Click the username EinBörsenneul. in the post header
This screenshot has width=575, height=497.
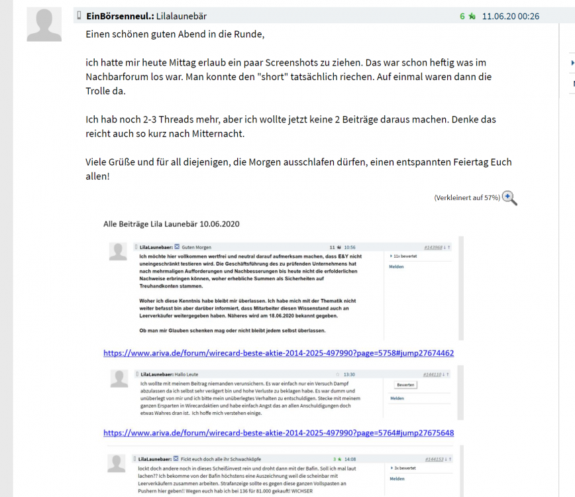pos(120,16)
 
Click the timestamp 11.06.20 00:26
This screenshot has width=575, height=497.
pos(510,16)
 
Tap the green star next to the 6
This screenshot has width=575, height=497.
pos(472,16)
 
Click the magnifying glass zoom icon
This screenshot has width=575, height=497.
pos(509,197)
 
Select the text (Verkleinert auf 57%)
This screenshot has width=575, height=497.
pos(466,198)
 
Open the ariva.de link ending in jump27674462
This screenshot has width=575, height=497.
pos(278,353)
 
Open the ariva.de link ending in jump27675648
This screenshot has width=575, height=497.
pos(278,433)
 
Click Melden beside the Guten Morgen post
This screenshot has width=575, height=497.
pos(396,266)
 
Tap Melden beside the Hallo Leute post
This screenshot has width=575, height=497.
pos(397,398)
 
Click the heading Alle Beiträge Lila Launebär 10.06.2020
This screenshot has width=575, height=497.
pos(171,224)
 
